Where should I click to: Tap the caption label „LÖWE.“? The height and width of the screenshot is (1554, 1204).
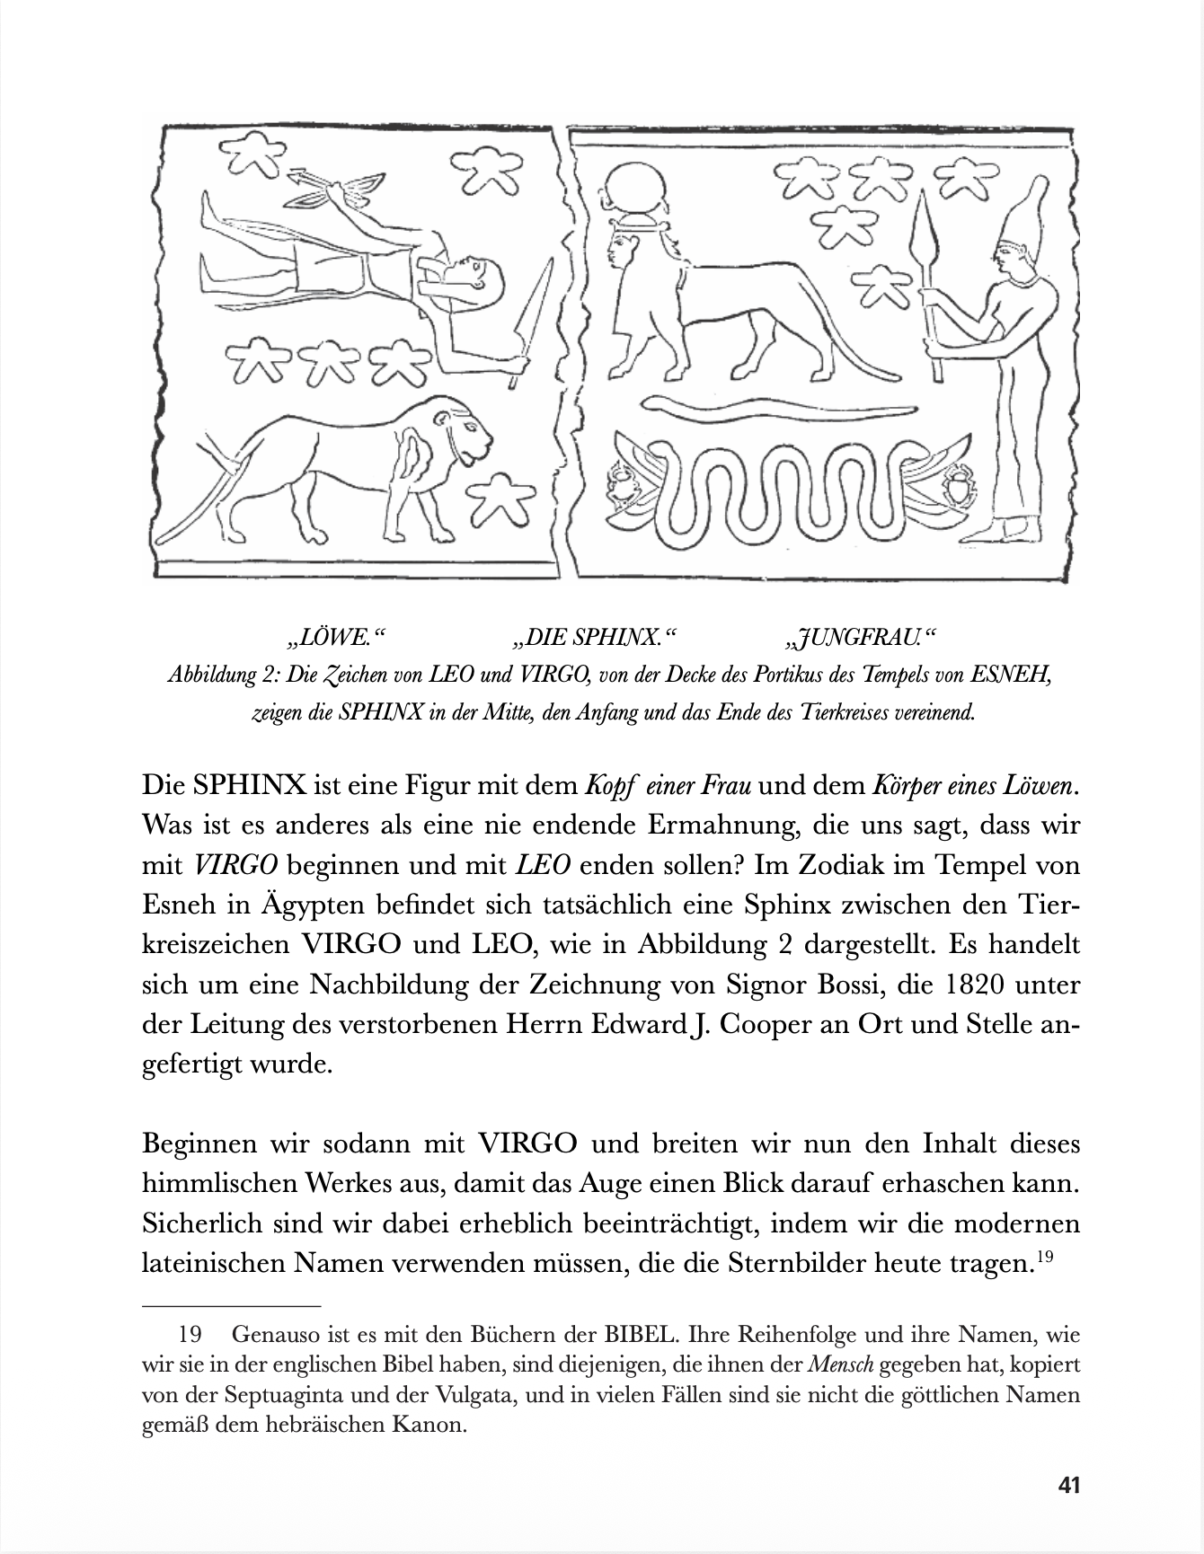click(x=334, y=638)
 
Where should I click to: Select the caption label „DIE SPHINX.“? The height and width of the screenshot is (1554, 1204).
click(x=592, y=638)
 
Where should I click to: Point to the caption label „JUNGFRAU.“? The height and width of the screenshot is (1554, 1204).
click(x=860, y=638)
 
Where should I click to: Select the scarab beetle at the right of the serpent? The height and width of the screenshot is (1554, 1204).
click(x=959, y=490)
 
